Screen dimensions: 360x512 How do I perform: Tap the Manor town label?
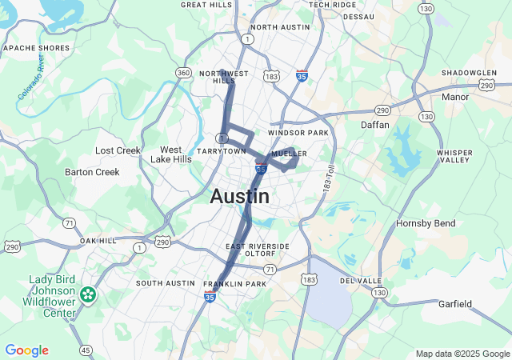(x=455, y=97)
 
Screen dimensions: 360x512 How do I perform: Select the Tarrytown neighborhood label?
(x=222, y=150)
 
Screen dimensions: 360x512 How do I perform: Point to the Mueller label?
(x=289, y=153)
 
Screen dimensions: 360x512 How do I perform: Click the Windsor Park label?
(x=298, y=132)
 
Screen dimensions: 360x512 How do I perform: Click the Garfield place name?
(x=455, y=304)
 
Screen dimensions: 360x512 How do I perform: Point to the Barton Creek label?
(x=92, y=171)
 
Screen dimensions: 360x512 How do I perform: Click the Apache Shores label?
(x=37, y=48)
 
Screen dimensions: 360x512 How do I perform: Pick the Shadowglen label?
(x=469, y=72)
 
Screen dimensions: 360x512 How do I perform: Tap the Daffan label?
(x=374, y=125)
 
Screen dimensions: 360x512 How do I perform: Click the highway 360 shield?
(x=183, y=74)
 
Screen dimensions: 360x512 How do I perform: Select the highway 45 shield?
(x=86, y=349)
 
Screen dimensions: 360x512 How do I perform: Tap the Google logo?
(x=26, y=350)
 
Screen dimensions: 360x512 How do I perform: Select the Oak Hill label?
(x=98, y=240)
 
